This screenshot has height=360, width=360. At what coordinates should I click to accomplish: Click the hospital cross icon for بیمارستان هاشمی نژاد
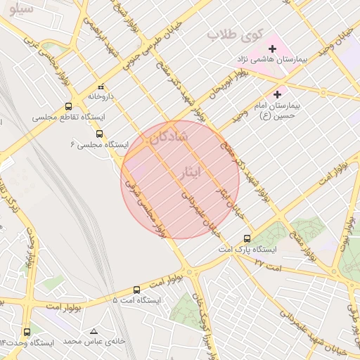272,49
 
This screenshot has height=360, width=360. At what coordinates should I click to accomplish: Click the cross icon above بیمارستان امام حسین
277,94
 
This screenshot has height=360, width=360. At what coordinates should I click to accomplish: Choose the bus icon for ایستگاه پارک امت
246,238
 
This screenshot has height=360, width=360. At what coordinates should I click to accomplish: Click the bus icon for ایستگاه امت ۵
136,290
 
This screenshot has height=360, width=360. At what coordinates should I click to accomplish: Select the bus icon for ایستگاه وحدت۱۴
27,332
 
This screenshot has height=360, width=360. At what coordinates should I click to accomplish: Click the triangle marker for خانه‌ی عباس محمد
94,330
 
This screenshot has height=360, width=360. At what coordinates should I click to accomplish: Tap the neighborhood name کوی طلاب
235,34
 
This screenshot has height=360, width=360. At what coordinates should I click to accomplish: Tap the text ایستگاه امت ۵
136,300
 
